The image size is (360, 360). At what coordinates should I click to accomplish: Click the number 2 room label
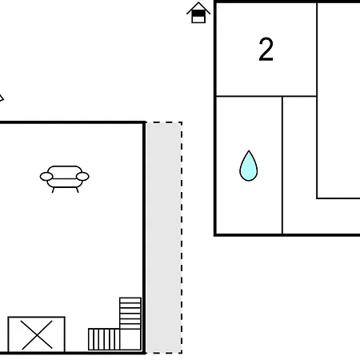[x=266, y=50]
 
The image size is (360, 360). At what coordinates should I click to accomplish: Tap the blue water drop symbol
[x=249, y=166]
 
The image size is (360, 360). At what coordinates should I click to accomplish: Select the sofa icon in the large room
[x=65, y=178]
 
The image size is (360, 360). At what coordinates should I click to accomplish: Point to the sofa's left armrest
[x=46, y=176]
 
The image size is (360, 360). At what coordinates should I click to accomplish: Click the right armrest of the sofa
[x=82, y=176]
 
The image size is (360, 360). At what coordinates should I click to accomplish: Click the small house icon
[x=198, y=13]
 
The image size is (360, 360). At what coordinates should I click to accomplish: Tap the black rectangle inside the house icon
[x=198, y=14]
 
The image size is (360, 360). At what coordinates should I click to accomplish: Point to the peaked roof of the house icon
[x=198, y=7]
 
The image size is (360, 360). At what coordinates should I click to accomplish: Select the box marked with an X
[x=37, y=334]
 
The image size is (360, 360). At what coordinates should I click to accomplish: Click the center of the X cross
[x=37, y=335]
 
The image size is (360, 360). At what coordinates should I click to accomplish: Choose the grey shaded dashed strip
[x=164, y=238]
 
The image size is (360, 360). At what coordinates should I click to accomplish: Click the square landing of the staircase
[x=130, y=339]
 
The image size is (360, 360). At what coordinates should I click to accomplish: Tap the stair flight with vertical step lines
[x=104, y=339]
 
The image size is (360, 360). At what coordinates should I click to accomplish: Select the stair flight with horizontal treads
[x=130, y=314]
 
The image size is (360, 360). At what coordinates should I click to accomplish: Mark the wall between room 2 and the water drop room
[x=266, y=96]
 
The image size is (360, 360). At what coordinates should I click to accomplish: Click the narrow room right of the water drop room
[x=299, y=166]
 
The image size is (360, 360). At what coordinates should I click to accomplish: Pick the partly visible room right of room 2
[x=338, y=101]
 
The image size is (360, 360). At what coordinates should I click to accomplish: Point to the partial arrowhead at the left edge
[x=2, y=98]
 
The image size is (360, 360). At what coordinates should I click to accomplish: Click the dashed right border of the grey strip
[x=182, y=238]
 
